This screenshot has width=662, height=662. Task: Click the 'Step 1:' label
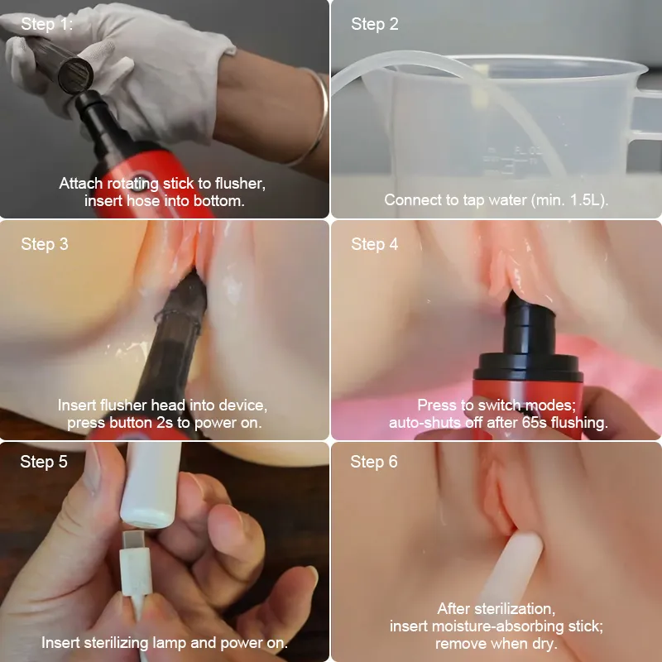47,24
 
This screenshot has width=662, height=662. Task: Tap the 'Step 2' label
375,24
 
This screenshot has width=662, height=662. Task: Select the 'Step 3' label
45,244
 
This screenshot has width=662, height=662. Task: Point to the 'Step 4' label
375,244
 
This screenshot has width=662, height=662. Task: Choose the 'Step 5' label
44,462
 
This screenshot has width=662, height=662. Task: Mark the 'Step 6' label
374,462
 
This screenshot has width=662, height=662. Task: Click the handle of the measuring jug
644,114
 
